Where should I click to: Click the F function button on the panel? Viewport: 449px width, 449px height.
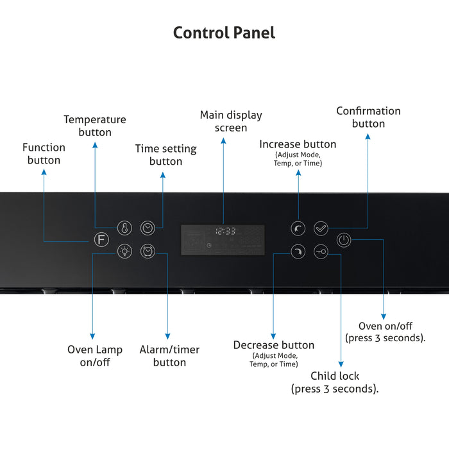100,241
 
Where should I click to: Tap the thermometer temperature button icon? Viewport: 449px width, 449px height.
124,228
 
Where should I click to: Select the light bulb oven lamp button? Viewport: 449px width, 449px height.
124,252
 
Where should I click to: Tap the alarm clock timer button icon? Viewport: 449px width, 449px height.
148,252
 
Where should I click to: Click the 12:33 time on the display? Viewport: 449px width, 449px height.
225,231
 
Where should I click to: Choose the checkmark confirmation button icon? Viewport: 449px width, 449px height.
321,228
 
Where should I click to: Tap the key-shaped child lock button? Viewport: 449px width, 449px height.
321,252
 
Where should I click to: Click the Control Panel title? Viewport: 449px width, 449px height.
224,33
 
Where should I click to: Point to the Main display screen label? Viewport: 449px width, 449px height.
231,121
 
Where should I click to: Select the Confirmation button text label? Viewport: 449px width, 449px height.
368,117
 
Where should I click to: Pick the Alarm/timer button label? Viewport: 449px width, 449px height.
169,355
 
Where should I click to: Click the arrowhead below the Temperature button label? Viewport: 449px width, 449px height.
95,146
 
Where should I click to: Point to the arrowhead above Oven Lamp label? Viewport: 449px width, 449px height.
92,336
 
